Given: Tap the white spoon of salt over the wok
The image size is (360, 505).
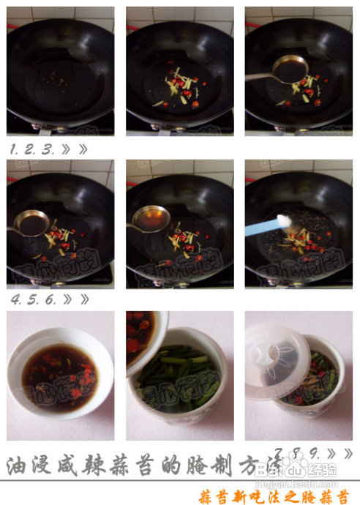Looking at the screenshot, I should (x=278, y=222).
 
